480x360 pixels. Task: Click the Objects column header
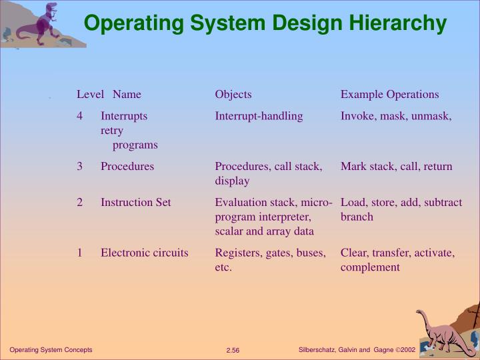point(233,95)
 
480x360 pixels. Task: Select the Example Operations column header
point(389,95)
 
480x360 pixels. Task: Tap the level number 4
point(79,116)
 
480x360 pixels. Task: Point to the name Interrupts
point(124,116)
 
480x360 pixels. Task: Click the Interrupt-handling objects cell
point(259,116)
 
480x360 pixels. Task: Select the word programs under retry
point(135,145)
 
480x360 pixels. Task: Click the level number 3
point(79,167)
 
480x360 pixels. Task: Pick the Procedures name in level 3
point(127,167)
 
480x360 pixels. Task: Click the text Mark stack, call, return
point(396,167)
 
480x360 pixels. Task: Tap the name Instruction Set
point(135,203)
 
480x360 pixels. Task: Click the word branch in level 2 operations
point(357,217)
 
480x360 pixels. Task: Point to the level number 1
point(79,253)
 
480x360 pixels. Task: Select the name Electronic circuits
point(144,253)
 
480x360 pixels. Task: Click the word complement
point(370,268)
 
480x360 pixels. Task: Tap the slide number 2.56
point(233,351)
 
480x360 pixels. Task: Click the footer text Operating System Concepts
point(51,350)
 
